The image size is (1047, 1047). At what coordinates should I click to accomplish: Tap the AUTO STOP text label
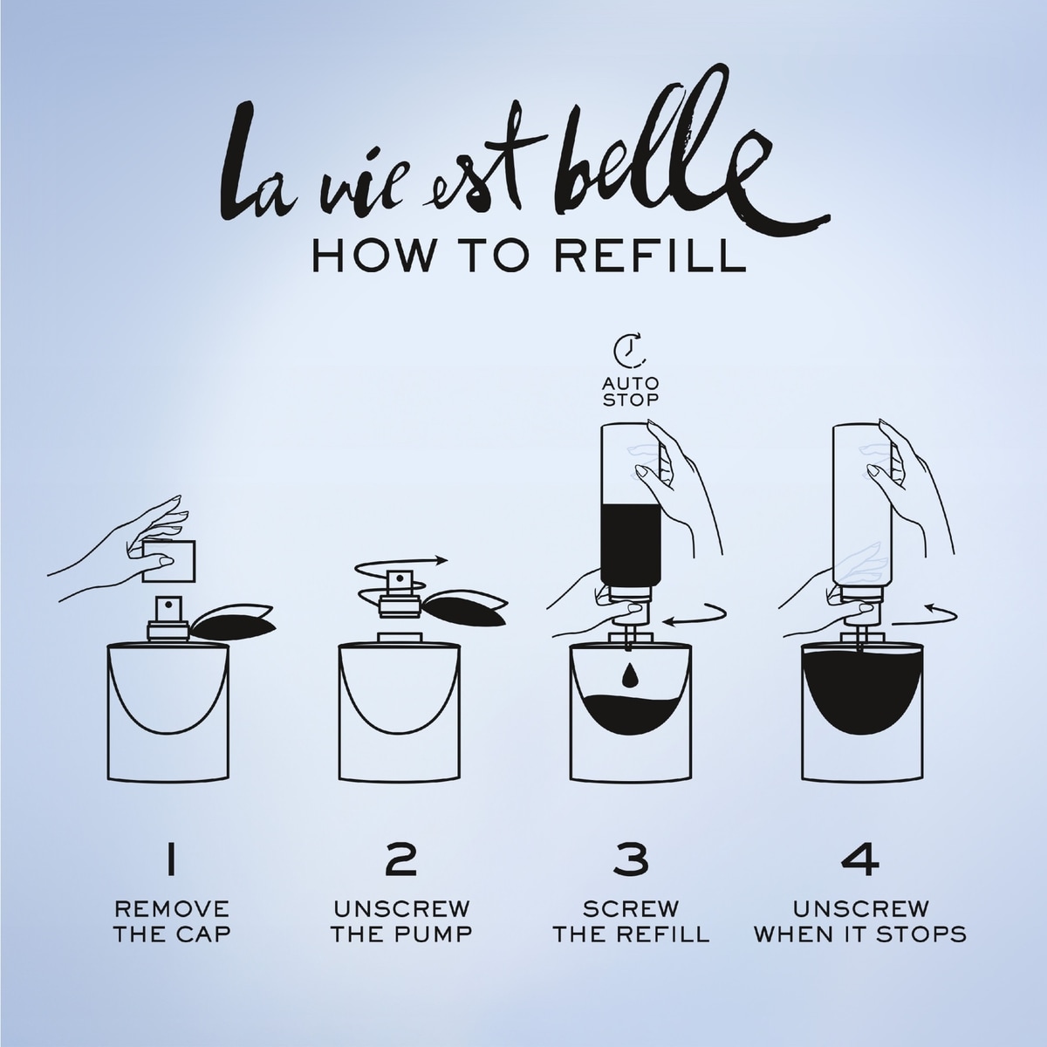[x=631, y=392]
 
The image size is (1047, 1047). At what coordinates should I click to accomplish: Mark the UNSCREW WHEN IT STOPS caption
[x=859, y=921]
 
